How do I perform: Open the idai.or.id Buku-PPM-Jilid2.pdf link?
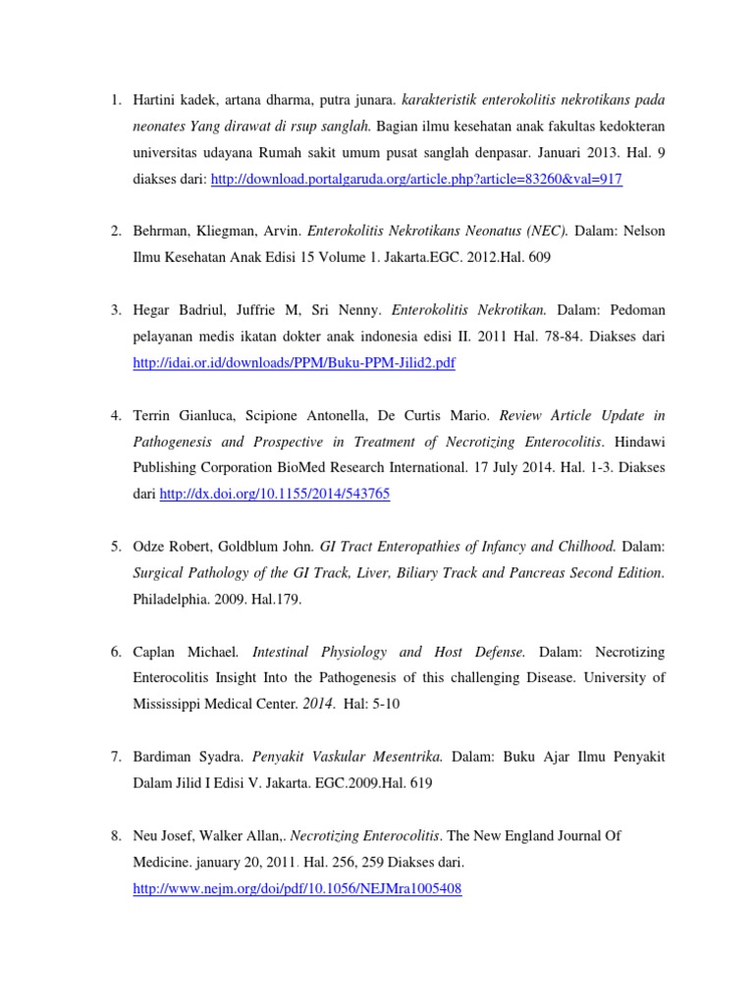(295, 363)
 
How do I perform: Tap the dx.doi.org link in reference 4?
(274, 494)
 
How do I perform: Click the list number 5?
(115, 547)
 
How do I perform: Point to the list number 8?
(115, 836)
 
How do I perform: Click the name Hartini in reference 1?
(156, 99)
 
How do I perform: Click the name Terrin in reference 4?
(152, 415)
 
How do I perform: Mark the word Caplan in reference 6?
(156, 652)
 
